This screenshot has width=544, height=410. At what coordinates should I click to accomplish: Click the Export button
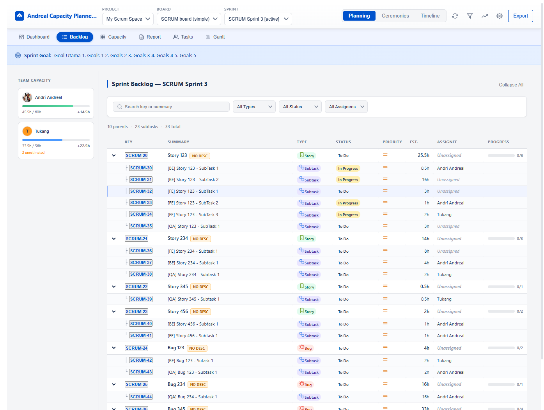coord(520,16)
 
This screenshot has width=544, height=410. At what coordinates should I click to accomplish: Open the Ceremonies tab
coord(395,16)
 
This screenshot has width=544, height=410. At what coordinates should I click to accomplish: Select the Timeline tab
coord(430,16)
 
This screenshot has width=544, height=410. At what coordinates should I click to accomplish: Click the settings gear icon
coord(499,16)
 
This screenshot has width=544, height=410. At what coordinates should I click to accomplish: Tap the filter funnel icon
coord(470,16)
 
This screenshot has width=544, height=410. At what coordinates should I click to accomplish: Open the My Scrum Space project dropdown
coord(128,19)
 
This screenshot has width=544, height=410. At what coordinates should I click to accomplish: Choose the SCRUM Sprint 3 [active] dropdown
coord(258,19)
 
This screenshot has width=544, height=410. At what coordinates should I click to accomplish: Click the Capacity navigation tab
coord(113,37)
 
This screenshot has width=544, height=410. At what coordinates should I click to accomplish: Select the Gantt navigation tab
coord(215,37)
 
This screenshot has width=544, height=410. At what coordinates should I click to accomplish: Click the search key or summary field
coord(172,107)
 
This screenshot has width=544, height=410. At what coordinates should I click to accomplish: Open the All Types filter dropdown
coord(254,107)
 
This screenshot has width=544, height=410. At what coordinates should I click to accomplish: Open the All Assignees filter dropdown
coord(346,107)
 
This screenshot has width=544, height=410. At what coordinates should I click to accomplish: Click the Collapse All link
coord(511,85)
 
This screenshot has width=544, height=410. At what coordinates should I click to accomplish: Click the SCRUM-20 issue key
coord(136,155)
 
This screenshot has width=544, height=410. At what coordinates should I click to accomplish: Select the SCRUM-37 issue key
coord(141,263)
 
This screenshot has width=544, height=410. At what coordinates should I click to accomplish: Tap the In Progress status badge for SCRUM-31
coord(348,180)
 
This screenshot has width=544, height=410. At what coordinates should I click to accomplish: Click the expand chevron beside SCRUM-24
coord(114,348)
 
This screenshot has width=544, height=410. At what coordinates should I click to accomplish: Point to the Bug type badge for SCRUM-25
coord(305,385)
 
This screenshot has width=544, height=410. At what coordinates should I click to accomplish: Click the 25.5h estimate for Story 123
coord(423,155)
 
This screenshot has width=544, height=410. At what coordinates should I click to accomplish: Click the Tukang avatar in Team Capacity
coord(27,132)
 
